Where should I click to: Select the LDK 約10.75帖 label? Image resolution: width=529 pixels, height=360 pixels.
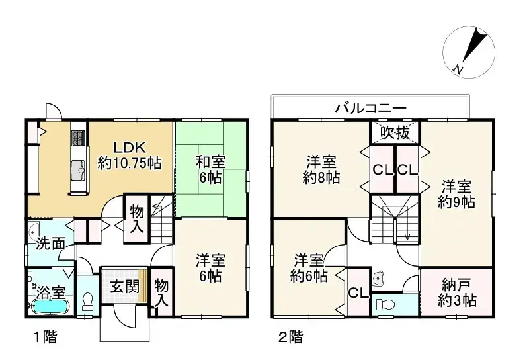(130, 154)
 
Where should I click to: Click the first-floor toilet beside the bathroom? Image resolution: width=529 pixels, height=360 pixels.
(87, 301)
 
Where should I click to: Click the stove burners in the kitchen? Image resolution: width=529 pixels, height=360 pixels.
(77, 138)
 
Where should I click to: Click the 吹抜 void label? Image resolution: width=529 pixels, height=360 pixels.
(394, 132)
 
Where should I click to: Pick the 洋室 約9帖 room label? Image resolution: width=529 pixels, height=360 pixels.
(457, 194)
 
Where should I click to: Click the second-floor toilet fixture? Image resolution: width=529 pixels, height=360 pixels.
(386, 305)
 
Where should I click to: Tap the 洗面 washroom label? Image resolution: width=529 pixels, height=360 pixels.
(50, 243)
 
